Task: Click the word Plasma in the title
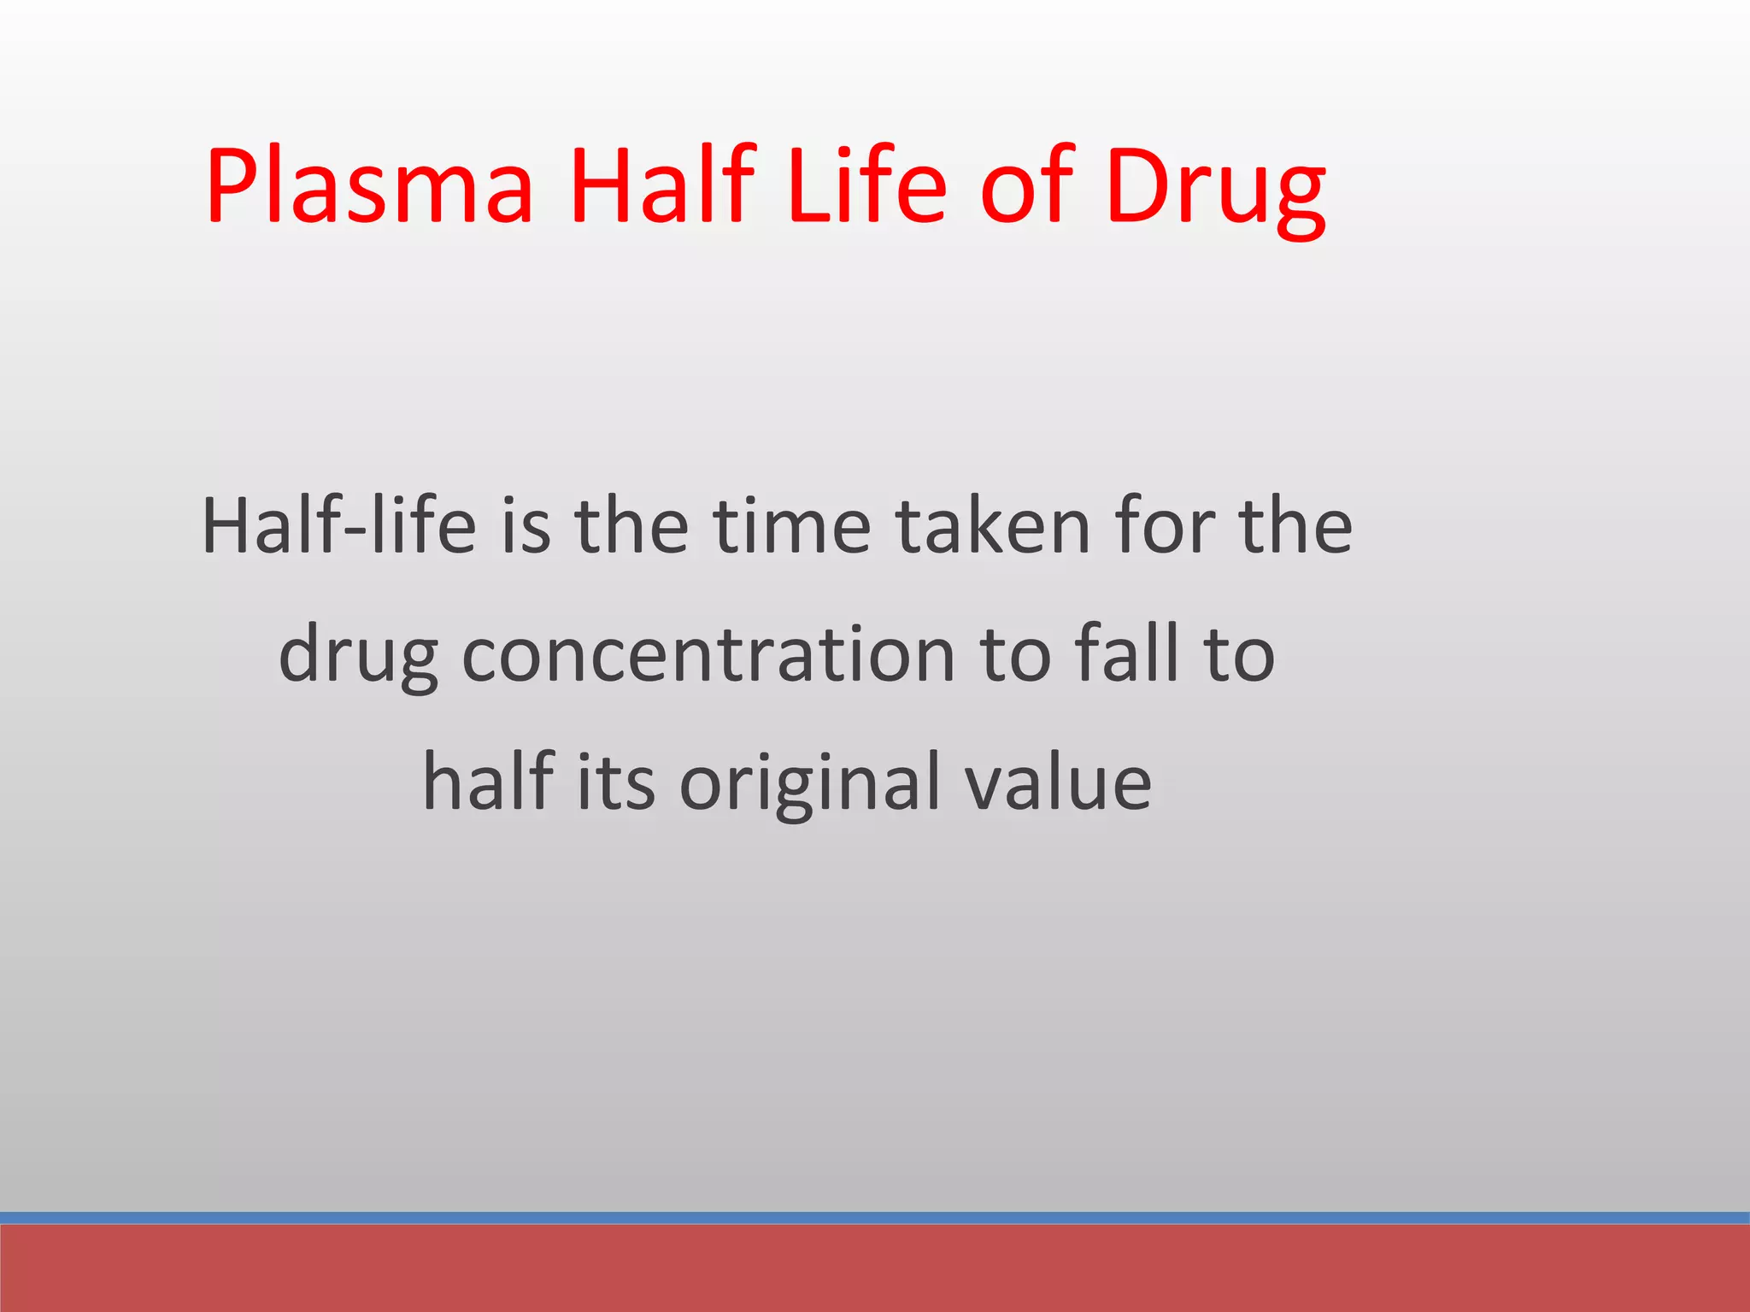369,186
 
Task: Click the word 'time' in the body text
792,526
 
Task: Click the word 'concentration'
708,654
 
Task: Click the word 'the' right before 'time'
631,526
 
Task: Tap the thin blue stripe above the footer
875,1217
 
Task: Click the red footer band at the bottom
875,1268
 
